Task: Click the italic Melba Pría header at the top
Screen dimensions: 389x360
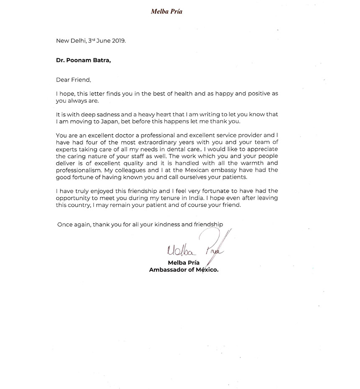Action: tap(167, 11)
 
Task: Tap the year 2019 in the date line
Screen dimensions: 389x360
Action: tap(117, 41)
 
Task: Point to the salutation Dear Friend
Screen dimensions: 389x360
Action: tap(73, 80)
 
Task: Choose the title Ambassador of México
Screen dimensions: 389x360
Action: tap(184, 270)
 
